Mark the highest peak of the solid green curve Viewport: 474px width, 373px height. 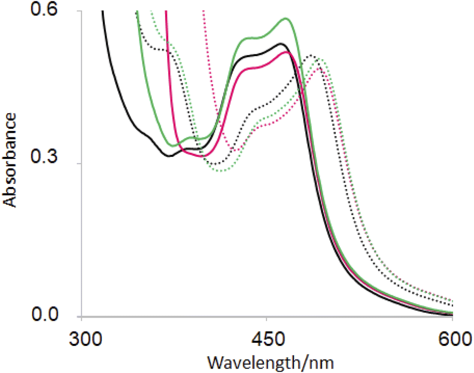coord(286,19)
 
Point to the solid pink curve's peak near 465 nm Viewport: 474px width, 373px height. coord(285,52)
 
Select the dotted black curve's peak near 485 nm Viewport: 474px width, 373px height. coord(311,55)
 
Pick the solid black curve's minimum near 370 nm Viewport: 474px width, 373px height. coord(170,156)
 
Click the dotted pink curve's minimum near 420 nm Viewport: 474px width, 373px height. coord(233,149)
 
